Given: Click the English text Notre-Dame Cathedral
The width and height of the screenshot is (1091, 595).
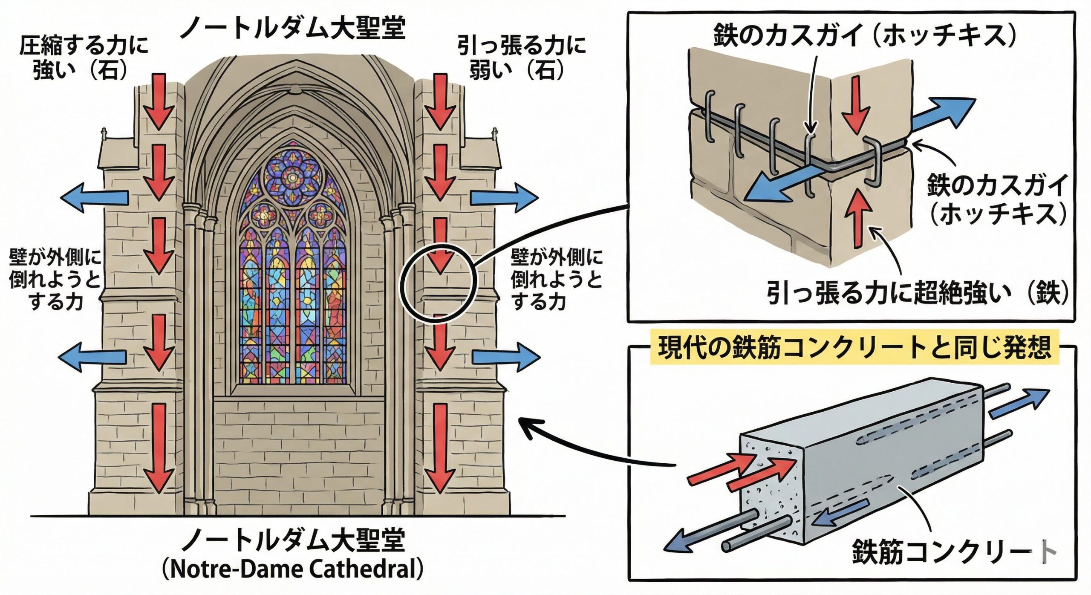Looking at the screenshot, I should coord(293,569).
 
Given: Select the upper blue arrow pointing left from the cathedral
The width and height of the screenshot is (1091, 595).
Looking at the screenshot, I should coord(95,196).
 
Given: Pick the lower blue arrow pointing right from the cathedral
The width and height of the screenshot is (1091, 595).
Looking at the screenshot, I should coord(505,357).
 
